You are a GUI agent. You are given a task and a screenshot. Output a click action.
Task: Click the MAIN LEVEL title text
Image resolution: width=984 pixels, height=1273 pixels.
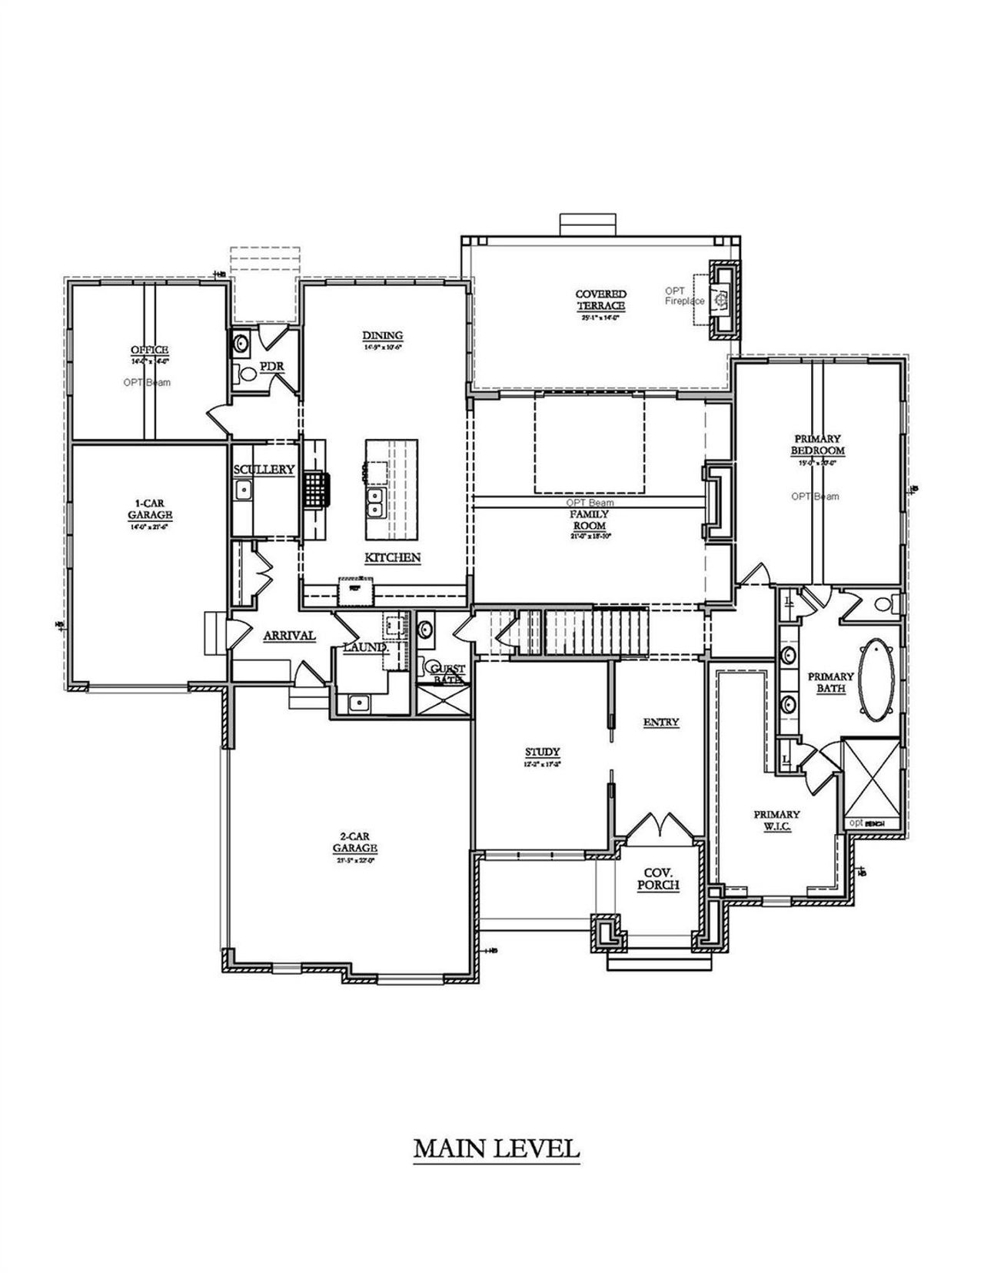tap(496, 1148)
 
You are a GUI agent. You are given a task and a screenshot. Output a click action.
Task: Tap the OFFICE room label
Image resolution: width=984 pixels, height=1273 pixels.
tap(149, 351)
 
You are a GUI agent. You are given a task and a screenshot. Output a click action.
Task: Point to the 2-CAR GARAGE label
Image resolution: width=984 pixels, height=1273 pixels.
tap(354, 843)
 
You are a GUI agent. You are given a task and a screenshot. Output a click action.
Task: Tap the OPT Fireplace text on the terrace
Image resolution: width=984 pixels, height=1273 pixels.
tap(684, 295)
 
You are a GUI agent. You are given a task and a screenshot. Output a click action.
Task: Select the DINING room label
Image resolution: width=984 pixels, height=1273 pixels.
tap(382, 335)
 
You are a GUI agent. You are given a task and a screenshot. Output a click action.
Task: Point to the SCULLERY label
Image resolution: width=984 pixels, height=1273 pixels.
tap(264, 469)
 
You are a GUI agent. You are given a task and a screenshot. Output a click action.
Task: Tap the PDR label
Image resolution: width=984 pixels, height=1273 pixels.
tap(271, 366)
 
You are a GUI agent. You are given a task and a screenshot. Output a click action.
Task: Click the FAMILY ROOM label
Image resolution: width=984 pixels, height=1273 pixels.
tap(589, 520)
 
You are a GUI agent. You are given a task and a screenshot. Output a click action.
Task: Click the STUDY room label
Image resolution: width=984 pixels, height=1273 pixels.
tap(542, 752)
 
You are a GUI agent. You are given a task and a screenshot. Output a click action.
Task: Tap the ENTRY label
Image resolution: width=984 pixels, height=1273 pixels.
tap(660, 722)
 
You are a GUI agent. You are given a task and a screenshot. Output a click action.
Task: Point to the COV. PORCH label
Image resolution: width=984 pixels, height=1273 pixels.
tap(658, 879)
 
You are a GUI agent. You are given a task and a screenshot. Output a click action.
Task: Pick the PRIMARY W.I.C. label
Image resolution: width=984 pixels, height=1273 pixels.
tap(776, 819)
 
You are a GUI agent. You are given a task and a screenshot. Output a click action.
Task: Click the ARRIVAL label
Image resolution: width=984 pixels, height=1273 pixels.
tap(289, 636)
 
